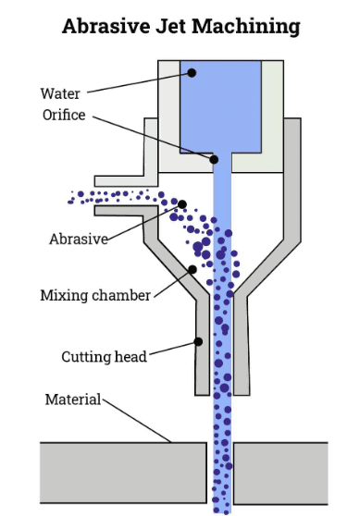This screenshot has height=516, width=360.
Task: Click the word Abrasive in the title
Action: coord(106,26)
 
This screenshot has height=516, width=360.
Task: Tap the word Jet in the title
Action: coord(170,26)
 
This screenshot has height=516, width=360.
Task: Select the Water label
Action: coord(60,93)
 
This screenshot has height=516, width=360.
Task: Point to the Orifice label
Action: coord(64,116)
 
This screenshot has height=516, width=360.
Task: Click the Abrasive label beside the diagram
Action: coord(79,239)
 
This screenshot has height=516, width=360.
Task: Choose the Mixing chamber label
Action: coord(95,295)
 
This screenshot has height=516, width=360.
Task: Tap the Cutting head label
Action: coord(104,357)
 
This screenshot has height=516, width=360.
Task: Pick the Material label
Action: coord(73,399)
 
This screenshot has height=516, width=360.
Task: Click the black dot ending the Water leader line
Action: coord(192,73)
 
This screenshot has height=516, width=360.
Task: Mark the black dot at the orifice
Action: coord(214,160)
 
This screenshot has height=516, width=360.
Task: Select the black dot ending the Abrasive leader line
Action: coord(182,204)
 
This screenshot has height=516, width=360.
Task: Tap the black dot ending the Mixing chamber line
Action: coord(192,270)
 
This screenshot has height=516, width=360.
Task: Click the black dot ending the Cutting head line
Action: coord(198,342)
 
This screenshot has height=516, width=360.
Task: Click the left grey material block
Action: coord(123,473)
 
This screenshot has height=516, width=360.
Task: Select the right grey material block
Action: coord(280,473)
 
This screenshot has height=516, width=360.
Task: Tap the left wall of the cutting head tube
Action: coord(203,346)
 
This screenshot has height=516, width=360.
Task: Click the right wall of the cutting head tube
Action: coord(242,346)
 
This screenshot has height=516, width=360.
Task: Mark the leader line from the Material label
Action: coord(137,421)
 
